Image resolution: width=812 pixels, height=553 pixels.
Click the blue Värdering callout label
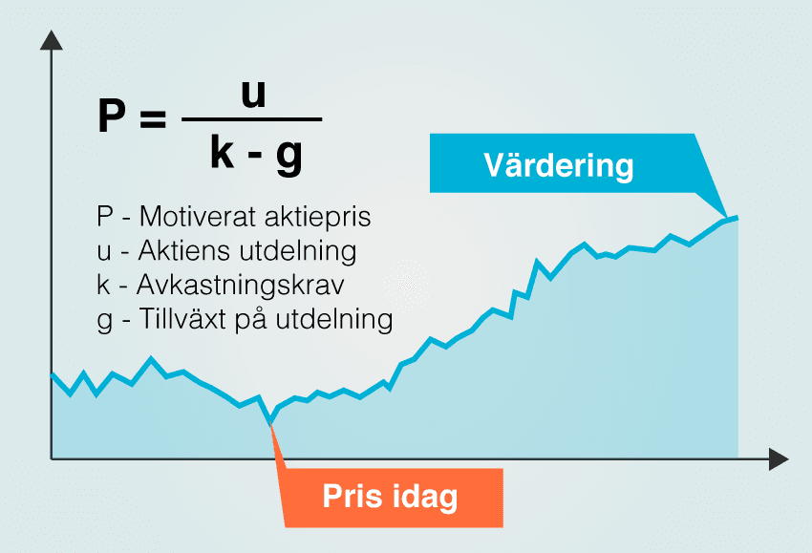pos(559,165)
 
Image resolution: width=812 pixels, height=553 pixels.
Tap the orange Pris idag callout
pos(390,497)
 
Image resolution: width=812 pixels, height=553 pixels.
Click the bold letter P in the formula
pos(113,118)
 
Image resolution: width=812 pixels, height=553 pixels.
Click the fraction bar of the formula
pos(251,120)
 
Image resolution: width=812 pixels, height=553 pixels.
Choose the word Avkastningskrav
pos(240,286)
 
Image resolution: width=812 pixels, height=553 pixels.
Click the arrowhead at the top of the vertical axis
pos(52,40)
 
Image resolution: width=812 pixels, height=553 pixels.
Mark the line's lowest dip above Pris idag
pos(269,422)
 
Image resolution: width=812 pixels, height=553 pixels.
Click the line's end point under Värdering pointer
pos(736,218)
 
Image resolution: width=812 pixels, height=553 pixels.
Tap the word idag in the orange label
pos(424,497)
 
